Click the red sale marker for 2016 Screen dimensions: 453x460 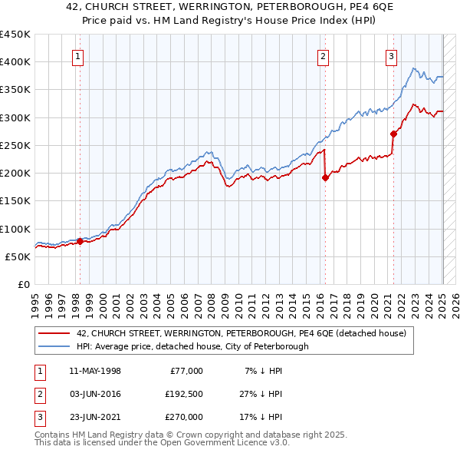tap(324, 177)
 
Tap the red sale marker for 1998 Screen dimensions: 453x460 tap(80, 241)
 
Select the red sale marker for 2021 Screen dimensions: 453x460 tap(393, 134)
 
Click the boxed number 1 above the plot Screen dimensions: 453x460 tap(79, 55)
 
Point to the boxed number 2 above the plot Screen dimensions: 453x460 tap(324, 55)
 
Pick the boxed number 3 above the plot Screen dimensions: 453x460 tap(392, 55)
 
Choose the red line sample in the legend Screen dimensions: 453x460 tap(54, 333)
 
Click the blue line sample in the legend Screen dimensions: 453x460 tap(54, 346)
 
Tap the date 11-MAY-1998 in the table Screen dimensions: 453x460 tap(95, 371)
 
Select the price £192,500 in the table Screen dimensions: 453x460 tap(185, 394)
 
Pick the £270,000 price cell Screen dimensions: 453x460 tap(185, 417)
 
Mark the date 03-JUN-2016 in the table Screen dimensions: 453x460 tap(95, 394)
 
